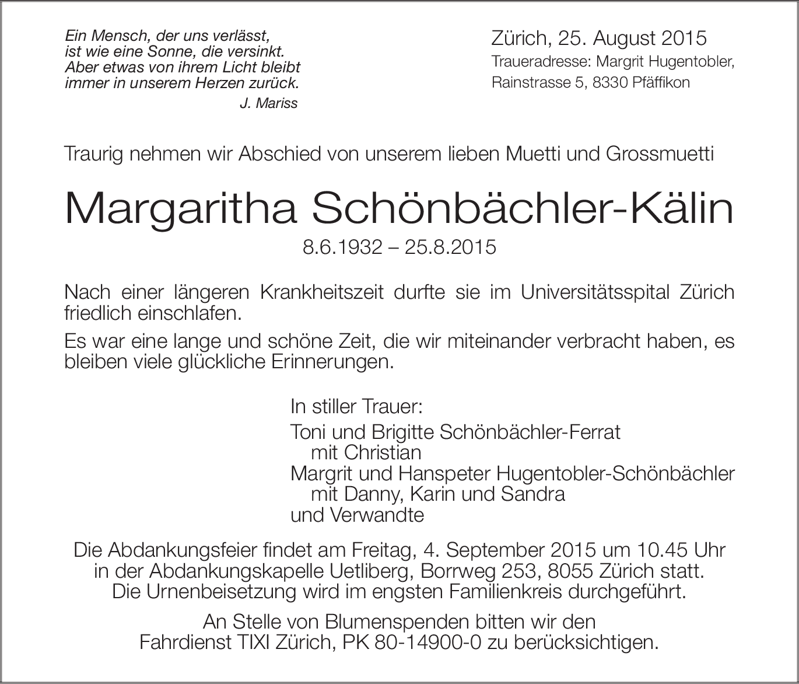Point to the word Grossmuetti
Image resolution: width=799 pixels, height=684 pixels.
click(660, 155)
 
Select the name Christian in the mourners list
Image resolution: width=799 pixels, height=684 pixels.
click(383, 453)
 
